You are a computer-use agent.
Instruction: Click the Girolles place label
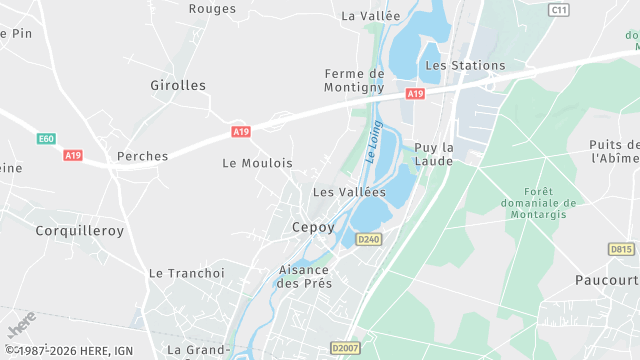coord(177,86)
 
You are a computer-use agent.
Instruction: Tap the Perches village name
coord(142,157)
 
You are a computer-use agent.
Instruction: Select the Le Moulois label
coord(257,163)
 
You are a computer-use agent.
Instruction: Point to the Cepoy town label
coord(313,227)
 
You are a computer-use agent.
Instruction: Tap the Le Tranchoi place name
coord(187,273)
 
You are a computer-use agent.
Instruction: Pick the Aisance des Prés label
coord(304,276)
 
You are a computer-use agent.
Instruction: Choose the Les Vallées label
coord(349,192)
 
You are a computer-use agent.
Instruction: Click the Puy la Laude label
coord(434,154)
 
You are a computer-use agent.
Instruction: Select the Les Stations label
coord(465,66)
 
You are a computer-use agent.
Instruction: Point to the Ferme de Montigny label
coord(354,80)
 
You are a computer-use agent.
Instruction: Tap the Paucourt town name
coord(607,280)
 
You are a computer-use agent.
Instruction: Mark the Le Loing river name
coord(373,141)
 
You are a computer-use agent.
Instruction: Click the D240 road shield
coord(369,239)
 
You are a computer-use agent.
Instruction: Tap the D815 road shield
coord(621,249)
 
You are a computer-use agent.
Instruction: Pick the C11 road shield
coord(559,9)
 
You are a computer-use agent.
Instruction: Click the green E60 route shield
coord(47,139)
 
